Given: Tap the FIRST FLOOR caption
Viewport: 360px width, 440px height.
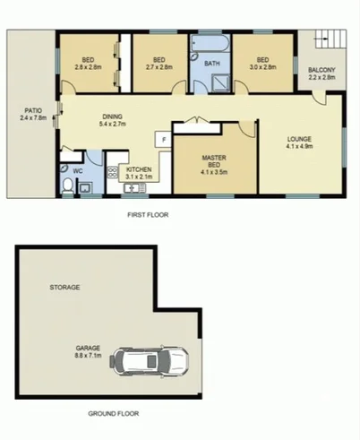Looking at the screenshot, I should [x=149, y=215].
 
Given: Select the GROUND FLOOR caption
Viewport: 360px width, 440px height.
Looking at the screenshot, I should [x=111, y=414].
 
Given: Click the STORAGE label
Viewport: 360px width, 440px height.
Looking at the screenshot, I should [x=64, y=288].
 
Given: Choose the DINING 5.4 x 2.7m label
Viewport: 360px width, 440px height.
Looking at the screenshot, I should [x=112, y=118].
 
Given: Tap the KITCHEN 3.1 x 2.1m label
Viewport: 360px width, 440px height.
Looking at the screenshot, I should [x=138, y=173].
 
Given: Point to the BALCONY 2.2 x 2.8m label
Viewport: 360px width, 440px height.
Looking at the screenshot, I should [x=321, y=73].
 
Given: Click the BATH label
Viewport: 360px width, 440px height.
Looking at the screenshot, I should [x=212, y=64].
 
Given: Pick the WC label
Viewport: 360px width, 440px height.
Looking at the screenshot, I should [x=78, y=168].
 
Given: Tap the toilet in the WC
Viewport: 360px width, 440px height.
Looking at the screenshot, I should [x=70, y=185].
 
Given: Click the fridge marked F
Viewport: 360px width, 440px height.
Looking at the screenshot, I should [x=163, y=140].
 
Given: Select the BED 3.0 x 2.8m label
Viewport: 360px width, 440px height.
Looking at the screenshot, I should [x=263, y=63].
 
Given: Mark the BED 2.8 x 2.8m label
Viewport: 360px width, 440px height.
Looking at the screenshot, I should [x=88, y=63].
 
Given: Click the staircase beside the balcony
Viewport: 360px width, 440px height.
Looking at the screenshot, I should [x=329, y=41].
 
